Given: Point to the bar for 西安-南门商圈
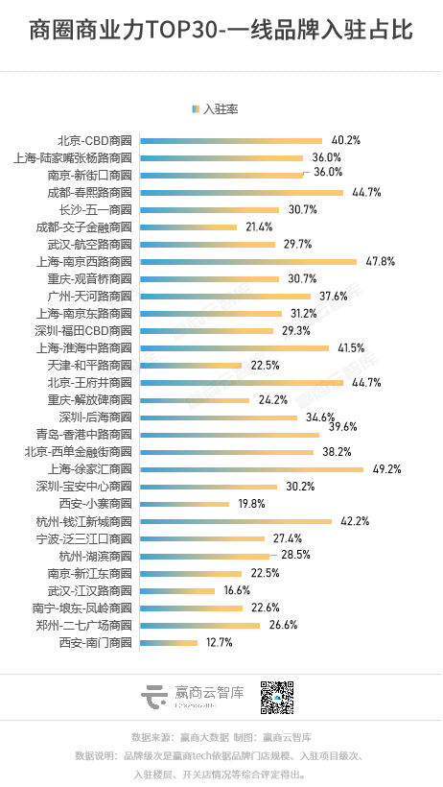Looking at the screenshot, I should click(x=169, y=642).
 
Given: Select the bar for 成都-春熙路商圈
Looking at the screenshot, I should click(x=241, y=192).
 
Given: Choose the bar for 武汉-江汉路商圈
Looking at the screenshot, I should click(x=177, y=590).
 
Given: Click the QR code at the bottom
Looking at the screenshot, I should click(x=278, y=698).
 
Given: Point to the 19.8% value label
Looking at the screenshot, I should click(x=251, y=504).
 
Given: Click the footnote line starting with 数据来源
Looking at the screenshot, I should click(x=221, y=737).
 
